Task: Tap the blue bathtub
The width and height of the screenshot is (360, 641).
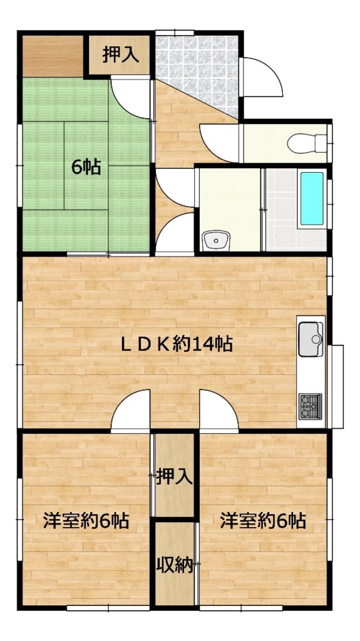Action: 312,198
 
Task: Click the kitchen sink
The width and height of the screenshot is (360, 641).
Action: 311,339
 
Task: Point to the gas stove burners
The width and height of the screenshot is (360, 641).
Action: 310,406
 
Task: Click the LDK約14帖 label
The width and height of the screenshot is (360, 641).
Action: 177,344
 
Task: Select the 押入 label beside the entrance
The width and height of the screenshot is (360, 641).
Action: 120,55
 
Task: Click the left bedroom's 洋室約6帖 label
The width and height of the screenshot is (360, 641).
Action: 86,521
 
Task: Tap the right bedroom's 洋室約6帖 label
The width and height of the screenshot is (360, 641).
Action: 262,521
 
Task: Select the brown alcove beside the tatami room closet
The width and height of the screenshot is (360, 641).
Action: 53,56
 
